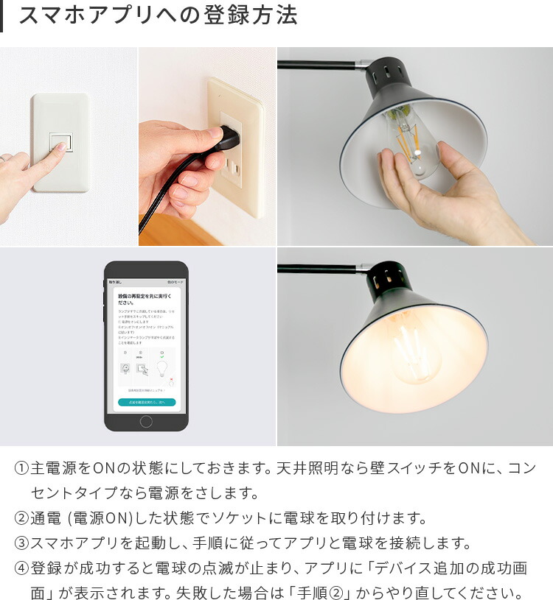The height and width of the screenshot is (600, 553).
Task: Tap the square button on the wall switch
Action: click(x=60, y=142)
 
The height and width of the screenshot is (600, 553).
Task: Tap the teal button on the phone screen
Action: click(x=146, y=403)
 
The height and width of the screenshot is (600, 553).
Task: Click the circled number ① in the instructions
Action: click(x=21, y=468)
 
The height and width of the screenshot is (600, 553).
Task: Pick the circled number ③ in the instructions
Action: click(x=21, y=543)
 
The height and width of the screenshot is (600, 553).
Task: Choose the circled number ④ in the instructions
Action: click(x=21, y=568)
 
